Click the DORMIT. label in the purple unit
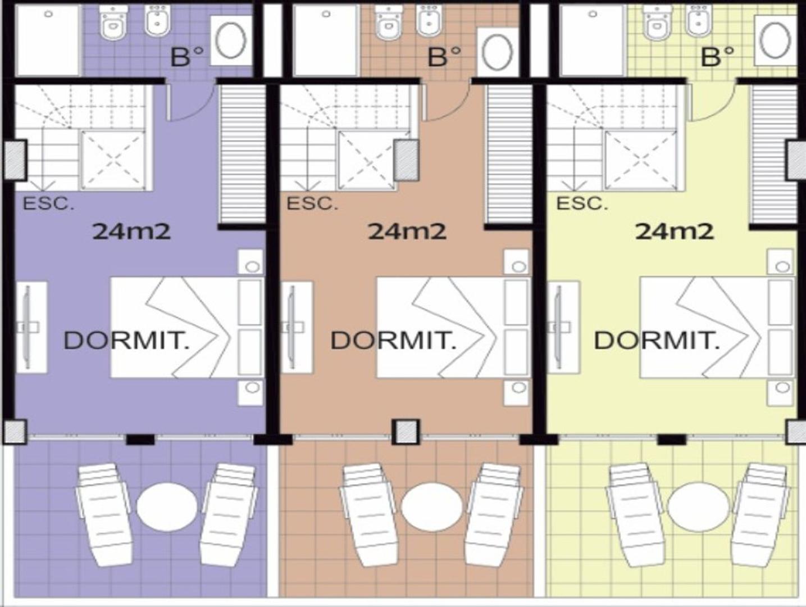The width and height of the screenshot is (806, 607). pos(126,341)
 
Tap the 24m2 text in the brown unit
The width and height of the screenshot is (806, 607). pos(407,231)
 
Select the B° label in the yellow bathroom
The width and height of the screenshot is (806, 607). pos(718,57)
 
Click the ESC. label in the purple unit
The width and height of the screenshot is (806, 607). pos(48,204)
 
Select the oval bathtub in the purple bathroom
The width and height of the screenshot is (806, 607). pos(231,40)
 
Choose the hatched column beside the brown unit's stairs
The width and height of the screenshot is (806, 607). pos(406,160)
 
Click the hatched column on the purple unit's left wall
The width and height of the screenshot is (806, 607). pos(15,160)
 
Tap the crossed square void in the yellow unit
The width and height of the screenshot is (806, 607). pos(640,160)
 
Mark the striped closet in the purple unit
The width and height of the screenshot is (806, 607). pos(242,154)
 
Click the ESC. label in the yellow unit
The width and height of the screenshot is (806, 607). pos(582,204)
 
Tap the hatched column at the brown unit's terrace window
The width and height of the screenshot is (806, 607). pos(406,432)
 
